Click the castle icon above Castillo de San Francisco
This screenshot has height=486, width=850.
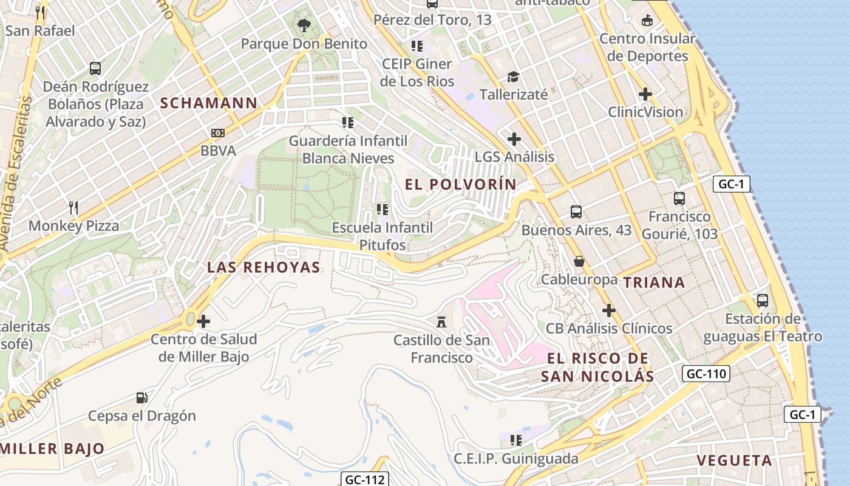pyautogui.click(x=441, y=321)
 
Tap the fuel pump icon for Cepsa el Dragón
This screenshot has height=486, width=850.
pyautogui.click(x=142, y=398)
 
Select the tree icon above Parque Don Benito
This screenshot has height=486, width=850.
pyautogui.click(x=304, y=26)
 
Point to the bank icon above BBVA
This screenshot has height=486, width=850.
pyautogui.click(x=217, y=132)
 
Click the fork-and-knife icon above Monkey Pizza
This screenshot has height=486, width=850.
pyautogui.click(x=73, y=208)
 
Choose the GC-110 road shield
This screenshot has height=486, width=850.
pyautogui.click(x=706, y=374)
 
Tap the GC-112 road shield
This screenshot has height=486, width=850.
pyautogui.click(x=364, y=479)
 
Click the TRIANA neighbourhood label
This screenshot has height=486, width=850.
pyautogui.click(x=654, y=282)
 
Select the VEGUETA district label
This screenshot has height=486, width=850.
pyautogui.click(x=735, y=460)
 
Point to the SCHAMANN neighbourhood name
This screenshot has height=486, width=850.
pyautogui.click(x=209, y=103)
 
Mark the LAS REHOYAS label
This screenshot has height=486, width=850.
pyautogui.click(x=263, y=267)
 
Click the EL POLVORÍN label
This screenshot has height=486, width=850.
pyautogui.click(x=461, y=183)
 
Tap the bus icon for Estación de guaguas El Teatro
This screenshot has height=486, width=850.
pyautogui.click(x=763, y=300)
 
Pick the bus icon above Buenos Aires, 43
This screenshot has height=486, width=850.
pyautogui.click(x=576, y=212)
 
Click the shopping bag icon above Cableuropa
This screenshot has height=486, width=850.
pyautogui.click(x=579, y=261)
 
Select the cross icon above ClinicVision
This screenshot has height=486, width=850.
pyautogui.click(x=645, y=94)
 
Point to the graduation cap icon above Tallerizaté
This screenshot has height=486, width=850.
pyautogui.click(x=514, y=77)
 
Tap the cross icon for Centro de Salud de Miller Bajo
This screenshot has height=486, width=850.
pyautogui.click(x=203, y=321)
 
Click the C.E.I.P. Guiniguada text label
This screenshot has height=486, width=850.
pyautogui.click(x=516, y=458)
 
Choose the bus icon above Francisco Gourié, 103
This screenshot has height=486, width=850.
pyautogui.click(x=679, y=198)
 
